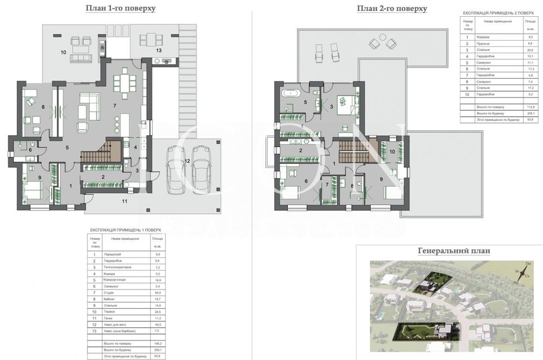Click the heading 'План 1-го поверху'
click(121, 9)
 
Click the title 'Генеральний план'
click(454, 251)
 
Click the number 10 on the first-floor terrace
click(64, 52)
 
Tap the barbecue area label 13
click(159, 50)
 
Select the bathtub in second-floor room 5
click(292, 93)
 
